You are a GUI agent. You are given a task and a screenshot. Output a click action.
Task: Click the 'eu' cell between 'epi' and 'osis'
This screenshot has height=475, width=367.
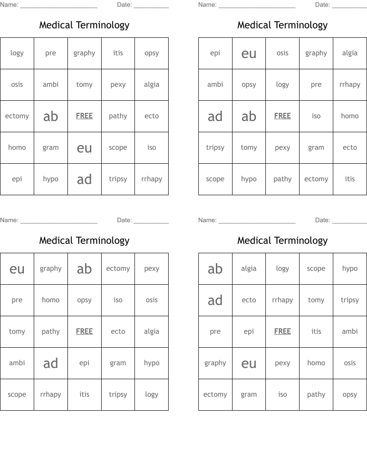(249, 54)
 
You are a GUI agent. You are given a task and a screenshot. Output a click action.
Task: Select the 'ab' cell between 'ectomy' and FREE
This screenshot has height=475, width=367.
(51, 117)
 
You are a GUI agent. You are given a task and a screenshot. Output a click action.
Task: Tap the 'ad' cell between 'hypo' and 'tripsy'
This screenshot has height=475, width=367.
(84, 179)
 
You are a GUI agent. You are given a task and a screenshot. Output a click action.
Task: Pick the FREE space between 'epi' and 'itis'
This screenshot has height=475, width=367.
(282, 332)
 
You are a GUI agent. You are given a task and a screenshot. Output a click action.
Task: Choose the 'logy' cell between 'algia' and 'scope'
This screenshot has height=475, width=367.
(282, 269)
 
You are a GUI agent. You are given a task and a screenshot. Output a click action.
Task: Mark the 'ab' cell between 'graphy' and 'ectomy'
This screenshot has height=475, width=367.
(84, 269)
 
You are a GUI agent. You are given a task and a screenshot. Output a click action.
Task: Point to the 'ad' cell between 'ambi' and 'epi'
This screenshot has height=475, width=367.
(51, 363)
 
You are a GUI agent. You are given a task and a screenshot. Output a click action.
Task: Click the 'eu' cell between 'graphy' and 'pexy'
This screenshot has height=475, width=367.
(249, 363)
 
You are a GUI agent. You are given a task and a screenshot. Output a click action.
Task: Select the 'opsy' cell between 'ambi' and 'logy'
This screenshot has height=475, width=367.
(249, 85)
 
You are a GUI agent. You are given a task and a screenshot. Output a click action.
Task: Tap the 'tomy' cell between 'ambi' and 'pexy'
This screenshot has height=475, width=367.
(84, 85)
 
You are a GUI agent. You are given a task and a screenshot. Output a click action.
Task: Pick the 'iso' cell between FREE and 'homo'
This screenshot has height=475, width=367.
(316, 116)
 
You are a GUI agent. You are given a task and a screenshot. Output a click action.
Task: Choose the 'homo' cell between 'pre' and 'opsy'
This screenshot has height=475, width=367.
(51, 300)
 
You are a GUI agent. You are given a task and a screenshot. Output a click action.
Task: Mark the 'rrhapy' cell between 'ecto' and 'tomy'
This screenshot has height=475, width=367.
(282, 300)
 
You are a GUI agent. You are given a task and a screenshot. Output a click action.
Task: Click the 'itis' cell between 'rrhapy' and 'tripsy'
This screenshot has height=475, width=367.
(84, 394)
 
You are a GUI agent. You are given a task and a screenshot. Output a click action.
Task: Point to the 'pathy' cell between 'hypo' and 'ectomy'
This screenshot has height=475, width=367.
(282, 179)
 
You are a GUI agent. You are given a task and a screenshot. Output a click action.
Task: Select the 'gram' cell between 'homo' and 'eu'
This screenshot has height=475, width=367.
(51, 148)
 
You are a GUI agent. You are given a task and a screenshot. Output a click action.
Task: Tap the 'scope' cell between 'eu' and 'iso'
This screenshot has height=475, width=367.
(118, 148)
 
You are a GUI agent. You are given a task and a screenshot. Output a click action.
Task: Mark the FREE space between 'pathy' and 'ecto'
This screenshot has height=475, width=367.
(84, 332)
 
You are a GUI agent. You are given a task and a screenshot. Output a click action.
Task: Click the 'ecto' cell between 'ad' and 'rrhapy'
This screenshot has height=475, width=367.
(249, 300)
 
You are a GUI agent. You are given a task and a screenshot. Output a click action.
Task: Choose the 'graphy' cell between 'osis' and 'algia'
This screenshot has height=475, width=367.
(316, 53)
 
